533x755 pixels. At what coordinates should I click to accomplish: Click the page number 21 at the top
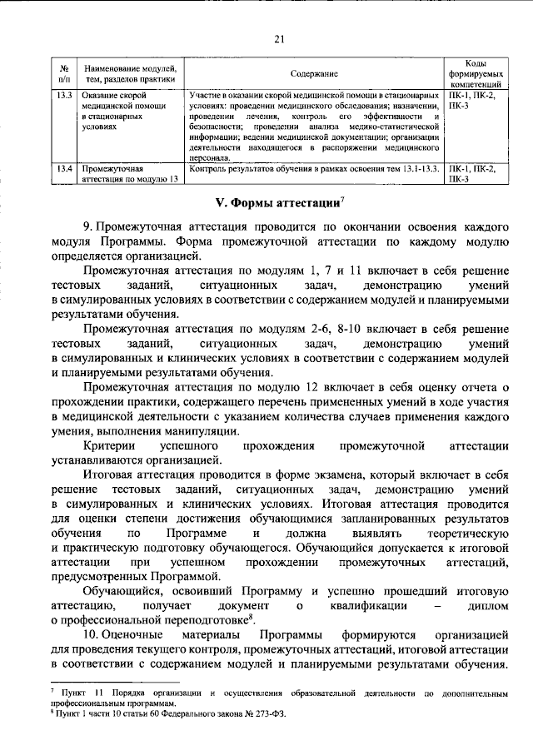[x=278, y=37]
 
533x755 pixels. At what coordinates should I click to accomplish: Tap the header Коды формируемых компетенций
[x=475, y=75]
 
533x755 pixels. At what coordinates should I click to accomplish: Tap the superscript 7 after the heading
[x=342, y=198]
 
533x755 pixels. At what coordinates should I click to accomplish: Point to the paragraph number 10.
[x=89, y=637]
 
